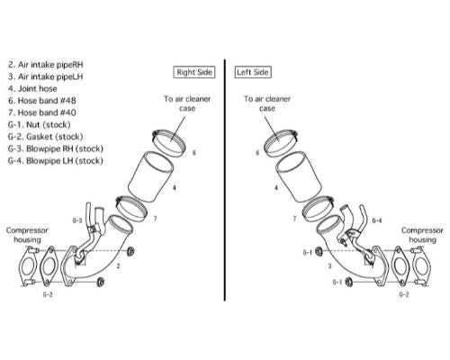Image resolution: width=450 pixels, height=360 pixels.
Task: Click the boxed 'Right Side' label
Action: pos(194,72)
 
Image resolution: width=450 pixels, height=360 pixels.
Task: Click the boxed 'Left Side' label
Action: pos(253,72)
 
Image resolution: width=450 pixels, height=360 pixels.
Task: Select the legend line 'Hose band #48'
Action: pos(42,101)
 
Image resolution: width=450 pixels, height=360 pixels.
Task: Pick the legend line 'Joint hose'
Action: pos(32,88)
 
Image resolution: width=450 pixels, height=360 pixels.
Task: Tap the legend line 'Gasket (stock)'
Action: pos(45,137)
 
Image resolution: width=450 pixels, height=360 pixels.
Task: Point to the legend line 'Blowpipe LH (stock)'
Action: pos(56,160)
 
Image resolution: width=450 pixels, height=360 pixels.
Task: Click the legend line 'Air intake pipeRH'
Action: pos(46,65)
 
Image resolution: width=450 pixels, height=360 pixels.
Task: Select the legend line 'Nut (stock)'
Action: pos(40,124)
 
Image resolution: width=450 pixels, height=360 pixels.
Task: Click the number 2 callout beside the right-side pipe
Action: pos(119,265)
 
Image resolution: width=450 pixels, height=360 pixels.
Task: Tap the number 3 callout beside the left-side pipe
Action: pos(330,265)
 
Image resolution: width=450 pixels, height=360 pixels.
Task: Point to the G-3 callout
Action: pos(77,220)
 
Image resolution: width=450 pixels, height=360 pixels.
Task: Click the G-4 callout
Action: pos(377,220)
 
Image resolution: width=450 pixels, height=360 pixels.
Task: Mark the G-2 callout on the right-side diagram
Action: pos(48,294)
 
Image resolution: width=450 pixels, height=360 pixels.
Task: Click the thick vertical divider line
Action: pos(225,180)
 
